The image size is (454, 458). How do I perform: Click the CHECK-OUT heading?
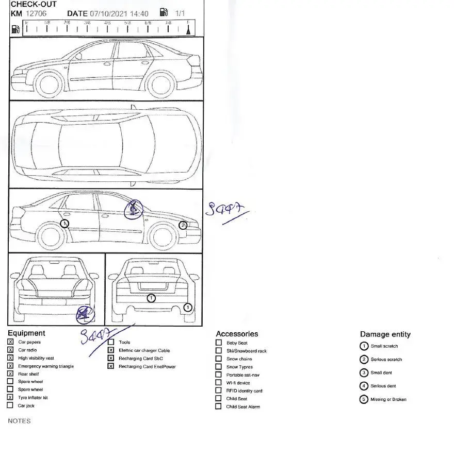[34, 4]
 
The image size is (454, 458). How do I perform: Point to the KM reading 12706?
[36, 13]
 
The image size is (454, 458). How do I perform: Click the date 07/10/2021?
[108, 13]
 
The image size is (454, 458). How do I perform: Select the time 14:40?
[139, 13]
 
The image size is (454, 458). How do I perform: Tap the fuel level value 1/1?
[180, 13]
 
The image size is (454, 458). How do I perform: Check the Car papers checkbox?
[11, 342]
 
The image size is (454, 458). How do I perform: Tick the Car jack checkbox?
[11, 405]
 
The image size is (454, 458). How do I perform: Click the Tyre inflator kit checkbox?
[11, 398]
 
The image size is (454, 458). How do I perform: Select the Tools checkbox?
[111, 342]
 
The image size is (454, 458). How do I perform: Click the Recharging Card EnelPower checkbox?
[111, 366]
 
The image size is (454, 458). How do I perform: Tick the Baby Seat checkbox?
[219, 343]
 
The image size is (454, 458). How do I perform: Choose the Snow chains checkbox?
[219, 359]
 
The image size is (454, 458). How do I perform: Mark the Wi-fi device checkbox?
[219, 383]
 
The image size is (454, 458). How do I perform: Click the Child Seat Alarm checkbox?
[219, 406]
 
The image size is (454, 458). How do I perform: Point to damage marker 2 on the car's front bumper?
[183, 225]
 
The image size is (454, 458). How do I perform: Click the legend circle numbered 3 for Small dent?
[364, 372]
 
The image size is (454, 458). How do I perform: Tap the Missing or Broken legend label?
[388, 399]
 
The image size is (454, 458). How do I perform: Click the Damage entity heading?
[385, 334]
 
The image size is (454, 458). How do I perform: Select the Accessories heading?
[237, 334]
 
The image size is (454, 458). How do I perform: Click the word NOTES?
[19, 421]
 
